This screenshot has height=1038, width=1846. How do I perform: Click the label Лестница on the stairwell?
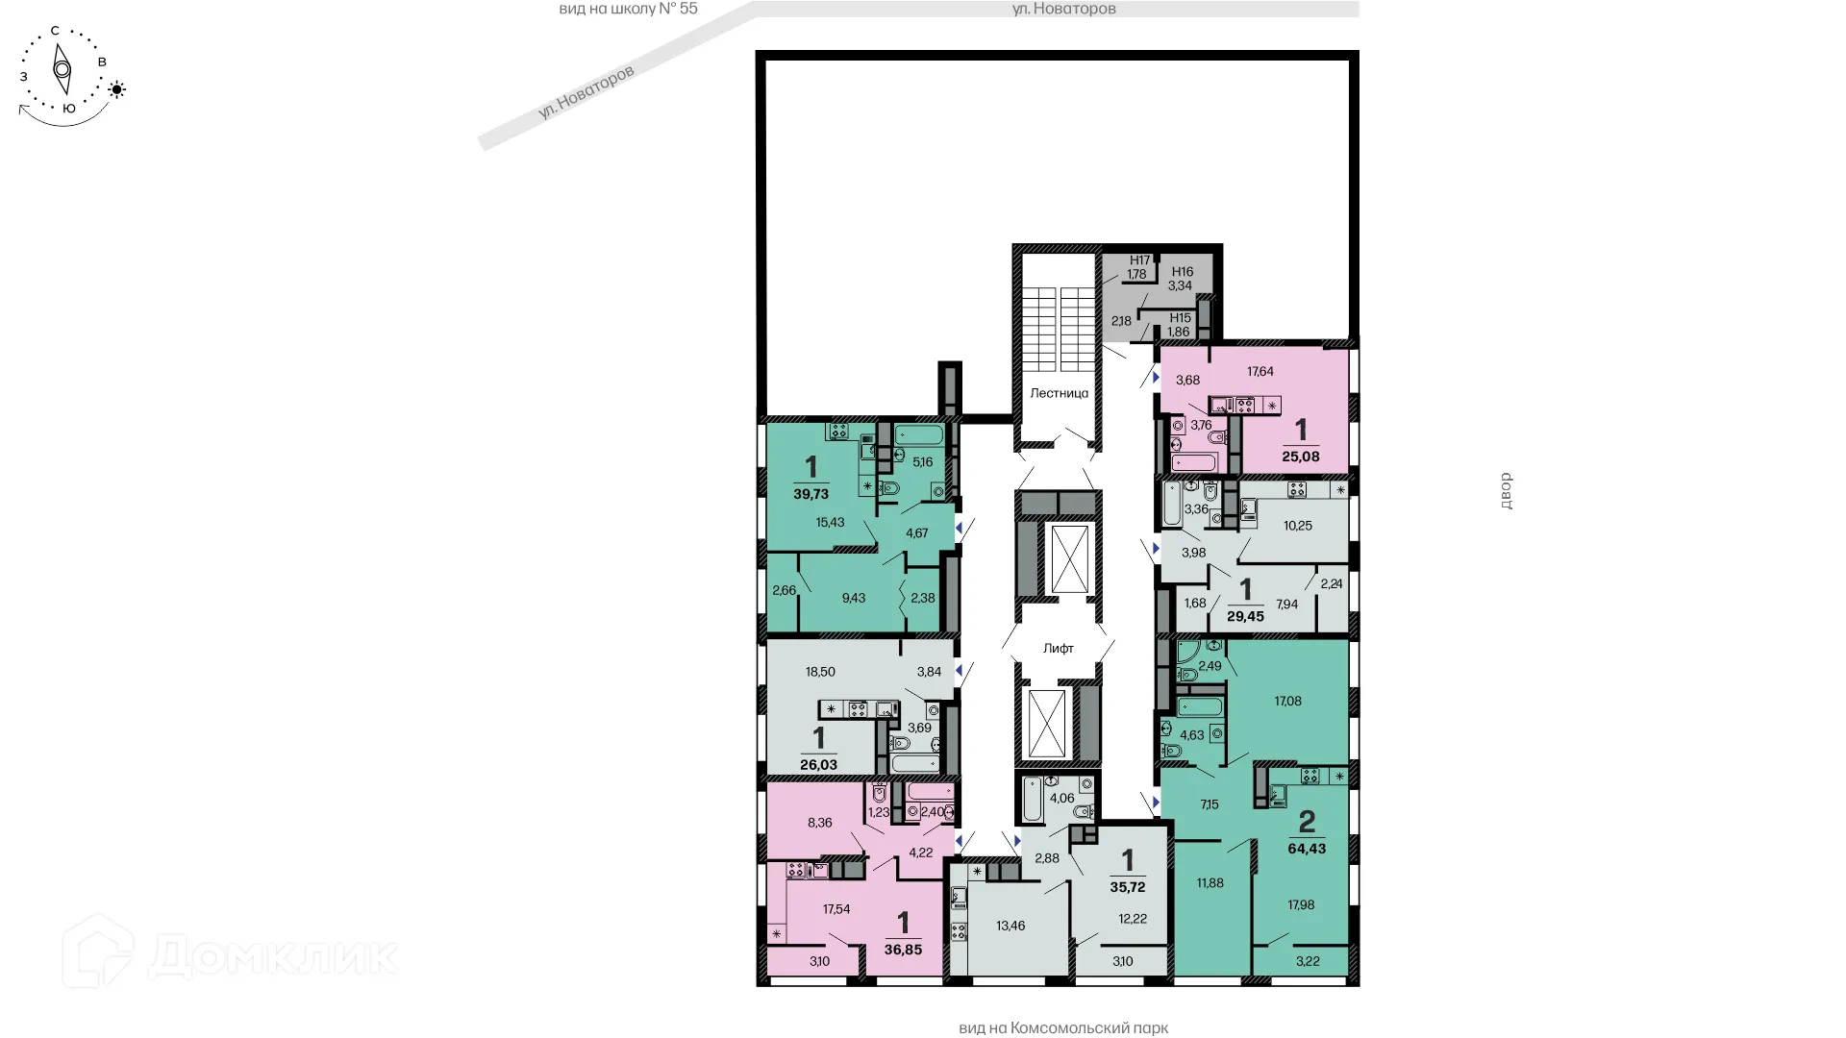pyautogui.click(x=1059, y=393)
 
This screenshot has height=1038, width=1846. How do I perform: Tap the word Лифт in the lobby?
pyautogui.click(x=1058, y=649)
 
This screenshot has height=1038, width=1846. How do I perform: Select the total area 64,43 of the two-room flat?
pyautogui.click(x=1307, y=849)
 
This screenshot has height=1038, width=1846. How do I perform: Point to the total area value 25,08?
pyautogui.click(x=1300, y=457)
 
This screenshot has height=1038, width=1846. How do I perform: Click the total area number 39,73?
pyautogui.click(x=811, y=494)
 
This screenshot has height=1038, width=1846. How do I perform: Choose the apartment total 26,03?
pyautogui.click(x=818, y=765)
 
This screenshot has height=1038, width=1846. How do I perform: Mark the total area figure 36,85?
pyautogui.click(x=903, y=950)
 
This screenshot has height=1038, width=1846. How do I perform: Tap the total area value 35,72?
pyautogui.click(x=1128, y=887)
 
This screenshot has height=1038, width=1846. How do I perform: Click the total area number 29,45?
pyautogui.click(x=1245, y=617)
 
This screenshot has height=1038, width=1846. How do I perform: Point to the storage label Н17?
pyautogui.click(x=1139, y=260)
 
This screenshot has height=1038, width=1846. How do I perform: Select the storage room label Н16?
pyautogui.click(x=1182, y=272)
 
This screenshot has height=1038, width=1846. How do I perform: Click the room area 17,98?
pyautogui.click(x=1300, y=905)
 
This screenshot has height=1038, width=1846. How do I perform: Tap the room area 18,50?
pyautogui.click(x=820, y=673)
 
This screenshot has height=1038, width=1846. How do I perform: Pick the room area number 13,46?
pyautogui.click(x=1010, y=927)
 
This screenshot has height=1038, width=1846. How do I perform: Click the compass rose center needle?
pyautogui.click(x=62, y=69)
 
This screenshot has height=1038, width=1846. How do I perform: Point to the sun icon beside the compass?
pyautogui.click(x=117, y=90)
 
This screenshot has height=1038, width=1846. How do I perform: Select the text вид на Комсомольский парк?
pyautogui.click(x=1062, y=1028)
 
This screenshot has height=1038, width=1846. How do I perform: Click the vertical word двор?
pyautogui.click(x=1507, y=490)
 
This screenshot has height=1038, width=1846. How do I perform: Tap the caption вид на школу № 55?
pyautogui.click(x=628, y=9)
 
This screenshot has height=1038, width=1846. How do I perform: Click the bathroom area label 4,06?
pyautogui.click(x=1061, y=799)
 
